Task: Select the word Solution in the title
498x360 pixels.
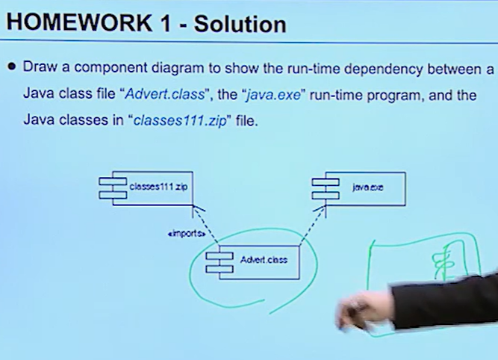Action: [x=238, y=24]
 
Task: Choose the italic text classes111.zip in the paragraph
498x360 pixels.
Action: [x=179, y=120]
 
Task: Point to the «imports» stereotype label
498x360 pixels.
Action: [x=186, y=234]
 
